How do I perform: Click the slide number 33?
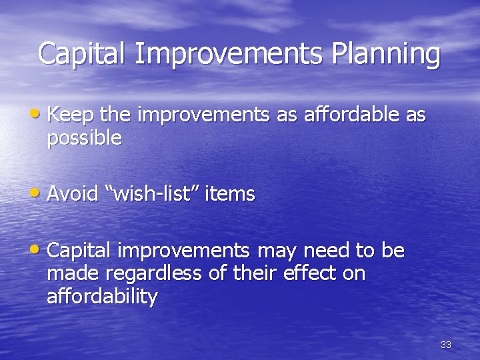pos(446,345)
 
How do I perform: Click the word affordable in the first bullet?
pos(351,115)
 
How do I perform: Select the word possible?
pos(84,139)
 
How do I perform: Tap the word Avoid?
pos(73,194)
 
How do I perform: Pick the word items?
pos(230,194)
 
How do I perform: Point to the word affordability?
pos(102,297)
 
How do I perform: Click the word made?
pos(69,274)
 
